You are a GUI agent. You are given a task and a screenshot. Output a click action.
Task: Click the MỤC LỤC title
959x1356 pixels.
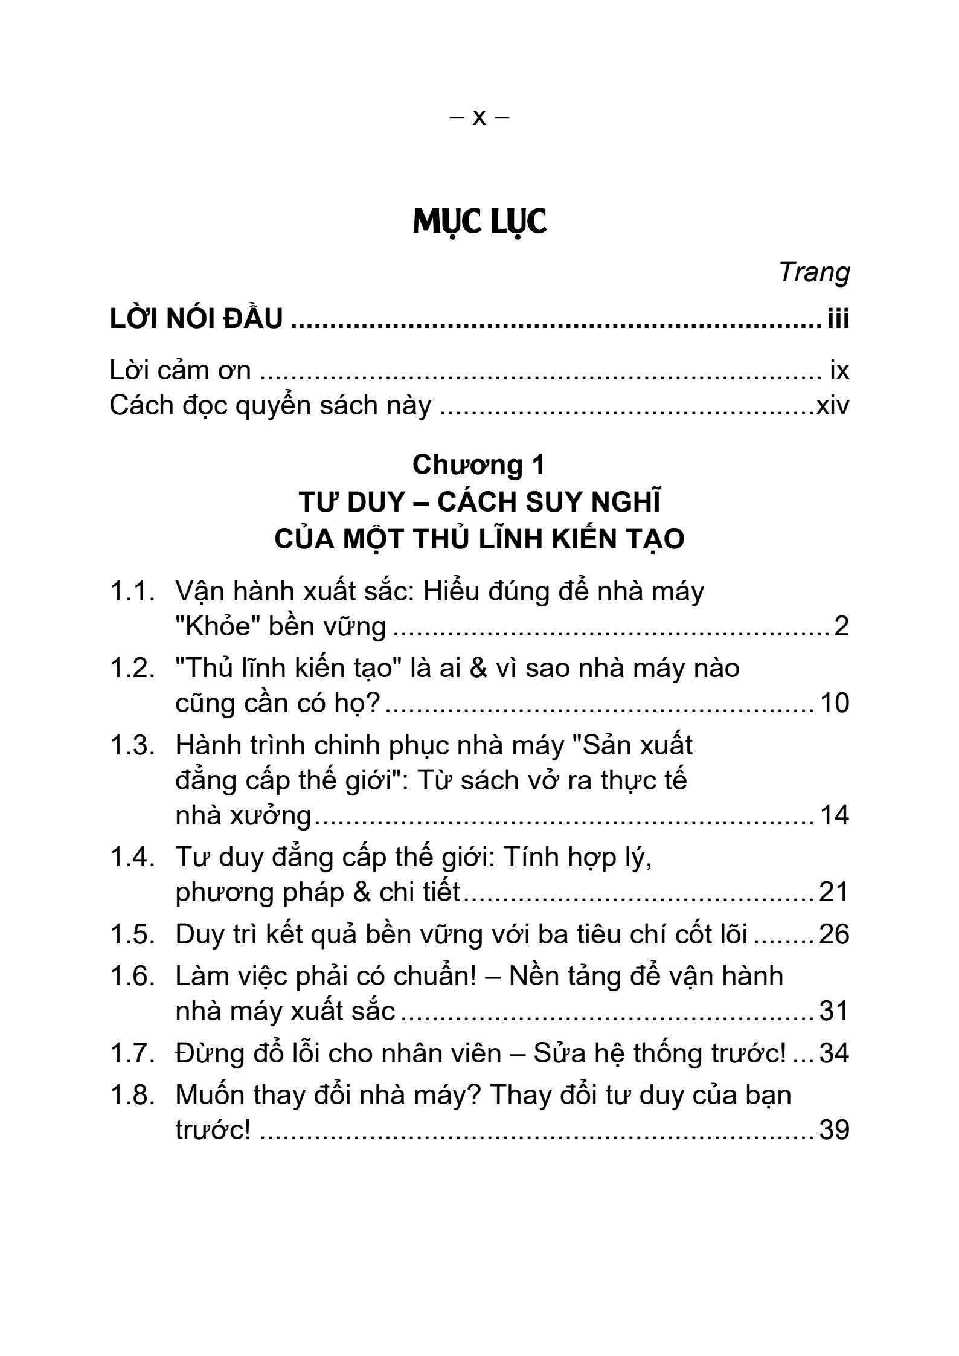click(479, 222)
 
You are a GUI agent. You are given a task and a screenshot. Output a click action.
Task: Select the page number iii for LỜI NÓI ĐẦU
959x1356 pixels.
click(838, 318)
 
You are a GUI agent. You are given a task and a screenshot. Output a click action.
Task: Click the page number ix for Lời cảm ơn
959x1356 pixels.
click(839, 370)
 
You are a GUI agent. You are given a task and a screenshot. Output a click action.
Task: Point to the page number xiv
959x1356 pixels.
click(832, 405)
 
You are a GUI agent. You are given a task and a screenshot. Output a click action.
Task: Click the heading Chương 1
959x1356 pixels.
click(478, 464)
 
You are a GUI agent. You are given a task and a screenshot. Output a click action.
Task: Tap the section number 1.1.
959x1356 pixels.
click(132, 591)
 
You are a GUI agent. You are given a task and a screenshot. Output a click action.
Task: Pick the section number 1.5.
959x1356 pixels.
click(132, 934)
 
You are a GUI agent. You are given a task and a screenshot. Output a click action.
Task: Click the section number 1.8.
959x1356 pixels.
click(132, 1095)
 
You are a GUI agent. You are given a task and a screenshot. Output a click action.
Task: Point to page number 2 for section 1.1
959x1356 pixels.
click(841, 626)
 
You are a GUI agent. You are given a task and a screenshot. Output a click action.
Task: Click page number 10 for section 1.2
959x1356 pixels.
click(835, 703)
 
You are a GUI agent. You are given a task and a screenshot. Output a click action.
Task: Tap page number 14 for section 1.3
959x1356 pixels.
click(835, 815)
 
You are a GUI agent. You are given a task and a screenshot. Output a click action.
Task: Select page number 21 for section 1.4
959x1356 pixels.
click(834, 892)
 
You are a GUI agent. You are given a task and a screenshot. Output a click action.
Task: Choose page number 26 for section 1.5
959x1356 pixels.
click(834, 934)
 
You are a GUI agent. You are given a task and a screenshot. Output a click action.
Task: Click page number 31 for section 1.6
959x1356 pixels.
click(834, 1011)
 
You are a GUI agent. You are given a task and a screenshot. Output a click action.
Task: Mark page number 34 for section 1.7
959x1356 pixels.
click(834, 1053)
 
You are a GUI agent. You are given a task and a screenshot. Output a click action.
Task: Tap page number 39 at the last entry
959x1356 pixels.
click(834, 1130)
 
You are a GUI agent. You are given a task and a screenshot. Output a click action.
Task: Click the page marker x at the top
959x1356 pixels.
click(479, 117)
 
